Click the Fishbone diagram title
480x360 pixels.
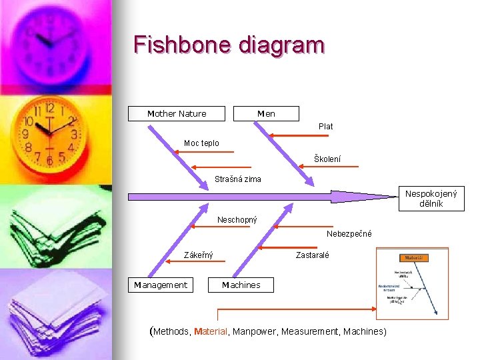click(x=229, y=45)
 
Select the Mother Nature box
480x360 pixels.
click(x=177, y=114)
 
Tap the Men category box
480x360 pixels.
click(x=267, y=114)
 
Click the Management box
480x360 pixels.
click(x=161, y=285)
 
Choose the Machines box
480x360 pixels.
click(x=241, y=285)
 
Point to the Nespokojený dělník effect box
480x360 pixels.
click(x=431, y=199)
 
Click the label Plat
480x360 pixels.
click(x=326, y=126)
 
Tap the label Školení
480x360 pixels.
click(x=327, y=159)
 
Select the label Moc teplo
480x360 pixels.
click(x=201, y=143)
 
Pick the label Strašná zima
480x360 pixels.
click(x=238, y=179)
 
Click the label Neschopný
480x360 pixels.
click(x=237, y=219)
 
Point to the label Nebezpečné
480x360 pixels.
click(x=349, y=234)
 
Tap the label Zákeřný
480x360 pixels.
click(x=199, y=255)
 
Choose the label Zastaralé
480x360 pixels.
click(x=312, y=255)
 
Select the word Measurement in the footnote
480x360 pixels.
click(x=311, y=331)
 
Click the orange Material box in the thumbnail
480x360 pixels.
click(x=413, y=258)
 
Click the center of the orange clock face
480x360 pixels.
click(x=49, y=133)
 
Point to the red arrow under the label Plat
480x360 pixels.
click(x=300, y=136)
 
